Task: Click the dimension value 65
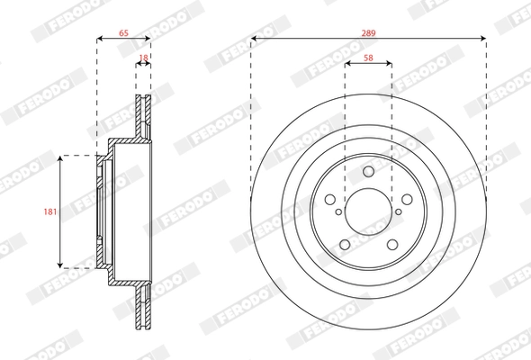pyautogui.click(x=123, y=32)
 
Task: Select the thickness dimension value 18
pyautogui.click(x=143, y=58)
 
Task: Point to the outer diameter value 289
pyautogui.click(x=368, y=32)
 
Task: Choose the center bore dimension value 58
pyautogui.click(x=368, y=57)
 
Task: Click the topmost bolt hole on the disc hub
pyautogui.click(x=368, y=172)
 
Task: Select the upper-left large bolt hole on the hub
pyautogui.click(x=329, y=201)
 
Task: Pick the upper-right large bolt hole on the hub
pyautogui.click(x=407, y=201)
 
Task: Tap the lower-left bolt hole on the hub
pyautogui.click(x=344, y=246)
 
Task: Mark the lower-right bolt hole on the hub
pyautogui.click(x=392, y=246)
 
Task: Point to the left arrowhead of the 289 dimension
pyautogui.click(x=254, y=39)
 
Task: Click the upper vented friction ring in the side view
pyautogui.click(x=143, y=112)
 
